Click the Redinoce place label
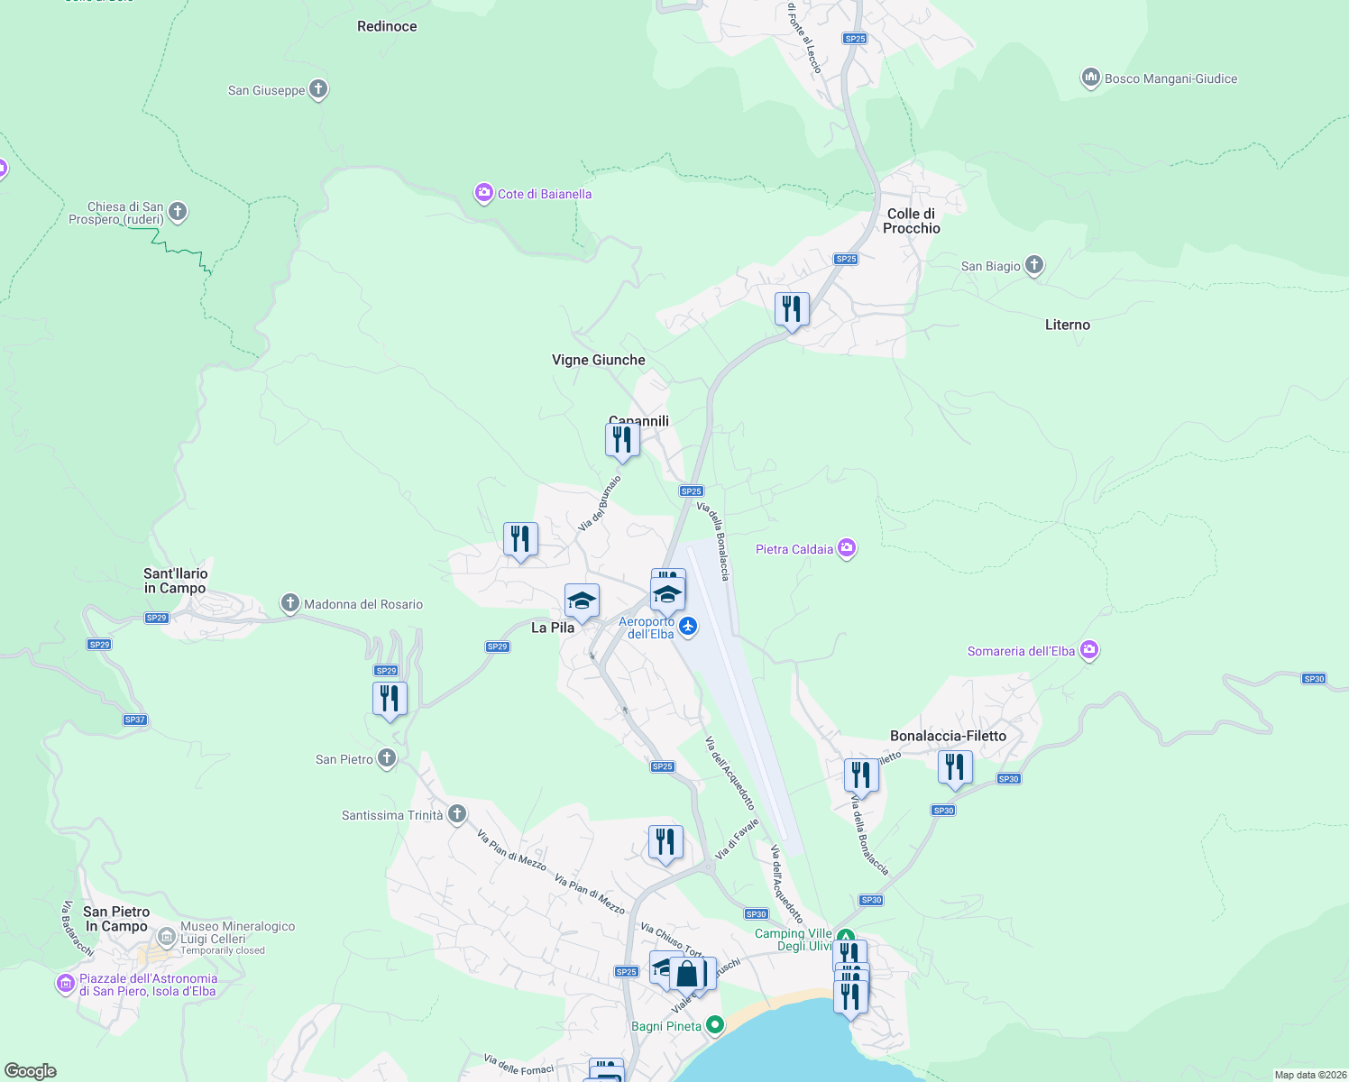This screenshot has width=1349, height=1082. [387, 26]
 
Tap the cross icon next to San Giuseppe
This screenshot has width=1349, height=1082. [317, 89]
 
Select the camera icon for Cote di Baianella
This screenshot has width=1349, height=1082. [484, 193]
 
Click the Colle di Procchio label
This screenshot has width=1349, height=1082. [911, 221]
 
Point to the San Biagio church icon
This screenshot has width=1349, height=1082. [1034, 265]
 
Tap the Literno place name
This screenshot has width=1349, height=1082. [1067, 325]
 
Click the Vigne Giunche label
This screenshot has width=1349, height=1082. [598, 360]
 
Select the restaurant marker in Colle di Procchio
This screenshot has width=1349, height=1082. [791, 309]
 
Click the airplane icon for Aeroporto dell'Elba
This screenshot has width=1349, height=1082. [688, 626]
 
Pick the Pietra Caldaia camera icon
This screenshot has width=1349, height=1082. [846, 548]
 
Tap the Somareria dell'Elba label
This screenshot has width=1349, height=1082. [1021, 651]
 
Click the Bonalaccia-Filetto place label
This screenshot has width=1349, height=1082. [948, 736]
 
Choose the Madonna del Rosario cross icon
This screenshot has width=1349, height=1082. [289, 603]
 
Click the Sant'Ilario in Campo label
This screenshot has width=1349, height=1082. [175, 581]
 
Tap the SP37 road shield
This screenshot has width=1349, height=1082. [134, 720]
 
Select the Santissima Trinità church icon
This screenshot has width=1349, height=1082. [457, 814]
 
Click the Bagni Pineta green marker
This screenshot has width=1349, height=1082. [715, 1025]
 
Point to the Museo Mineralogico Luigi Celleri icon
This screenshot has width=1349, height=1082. [166, 937]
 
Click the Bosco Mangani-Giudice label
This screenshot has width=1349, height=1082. [1170, 78]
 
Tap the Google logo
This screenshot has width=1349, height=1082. [31, 1071]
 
